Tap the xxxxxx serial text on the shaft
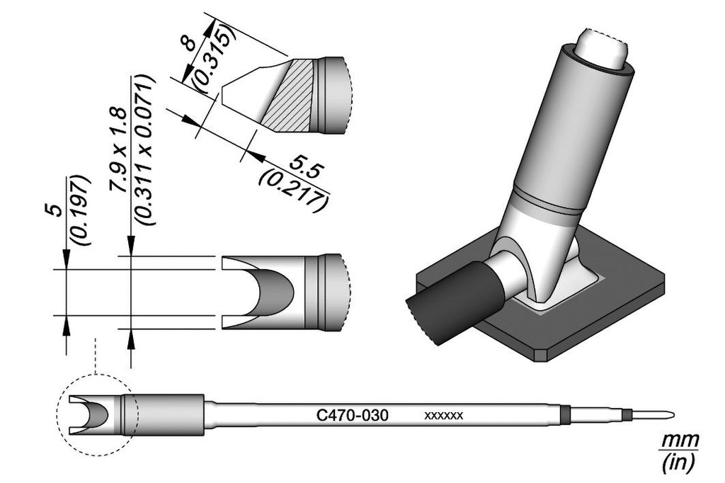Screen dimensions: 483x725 (443, 416)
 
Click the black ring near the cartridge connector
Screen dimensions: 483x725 (564, 415)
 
